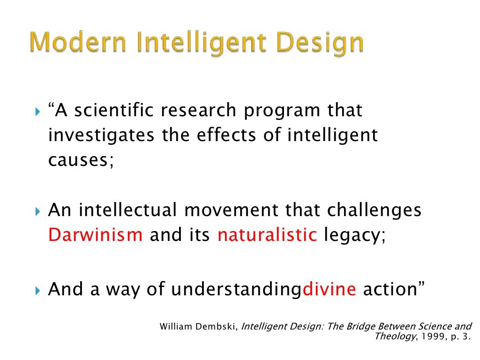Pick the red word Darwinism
click(x=95, y=235)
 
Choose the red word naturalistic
click(x=267, y=235)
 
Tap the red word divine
click(x=330, y=289)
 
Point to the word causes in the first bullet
click(x=81, y=161)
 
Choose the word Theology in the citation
click(x=390, y=337)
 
